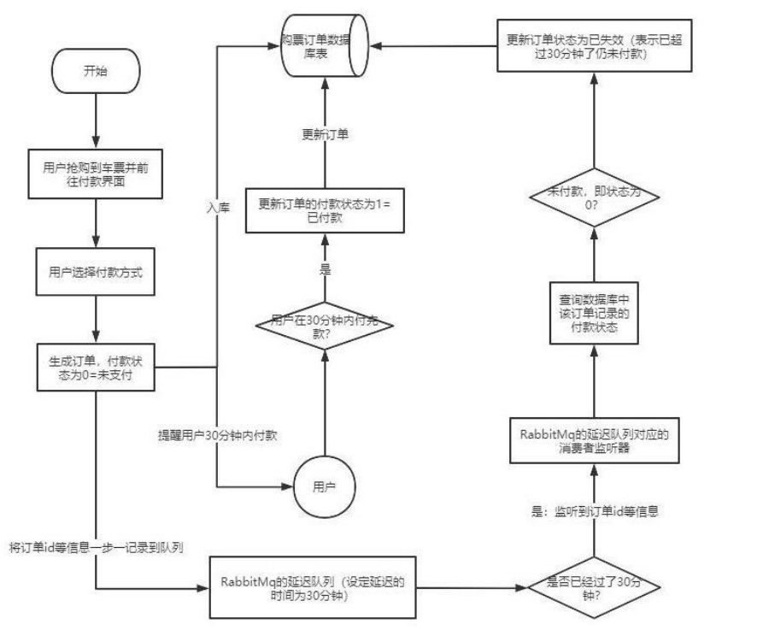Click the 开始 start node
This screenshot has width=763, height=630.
click(96, 71)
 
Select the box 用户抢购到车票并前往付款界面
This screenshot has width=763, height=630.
click(96, 174)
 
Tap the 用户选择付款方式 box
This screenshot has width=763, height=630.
click(96, 272)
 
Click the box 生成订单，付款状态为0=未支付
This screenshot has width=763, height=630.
click(96, 368)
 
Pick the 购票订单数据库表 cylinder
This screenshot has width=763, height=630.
click(325, 46)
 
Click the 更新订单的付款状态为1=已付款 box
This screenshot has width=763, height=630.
click(325, 210)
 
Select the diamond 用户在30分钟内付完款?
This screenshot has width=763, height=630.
click(325, 327)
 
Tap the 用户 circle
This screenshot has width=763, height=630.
click(325, 486)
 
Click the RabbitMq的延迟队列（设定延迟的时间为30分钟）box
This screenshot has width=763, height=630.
click(313, 588)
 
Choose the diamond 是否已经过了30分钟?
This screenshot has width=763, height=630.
click(594, 588)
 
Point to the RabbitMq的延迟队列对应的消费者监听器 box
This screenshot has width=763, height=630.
click(594, 440)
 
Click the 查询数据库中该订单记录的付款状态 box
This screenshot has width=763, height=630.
click(594, 313)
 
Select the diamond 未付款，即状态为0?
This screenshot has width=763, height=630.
click(594, 197)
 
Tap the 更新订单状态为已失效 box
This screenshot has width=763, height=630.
click(594, 46)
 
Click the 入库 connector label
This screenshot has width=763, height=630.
click(218, 208)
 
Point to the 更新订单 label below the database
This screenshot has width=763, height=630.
click(325, 134)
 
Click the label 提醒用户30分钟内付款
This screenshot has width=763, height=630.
click(218, 435)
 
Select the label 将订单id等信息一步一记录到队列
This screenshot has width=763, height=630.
click(97, 548)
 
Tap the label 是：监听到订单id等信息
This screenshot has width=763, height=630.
click(595, 511)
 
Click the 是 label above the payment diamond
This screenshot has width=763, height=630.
click(325, 268)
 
